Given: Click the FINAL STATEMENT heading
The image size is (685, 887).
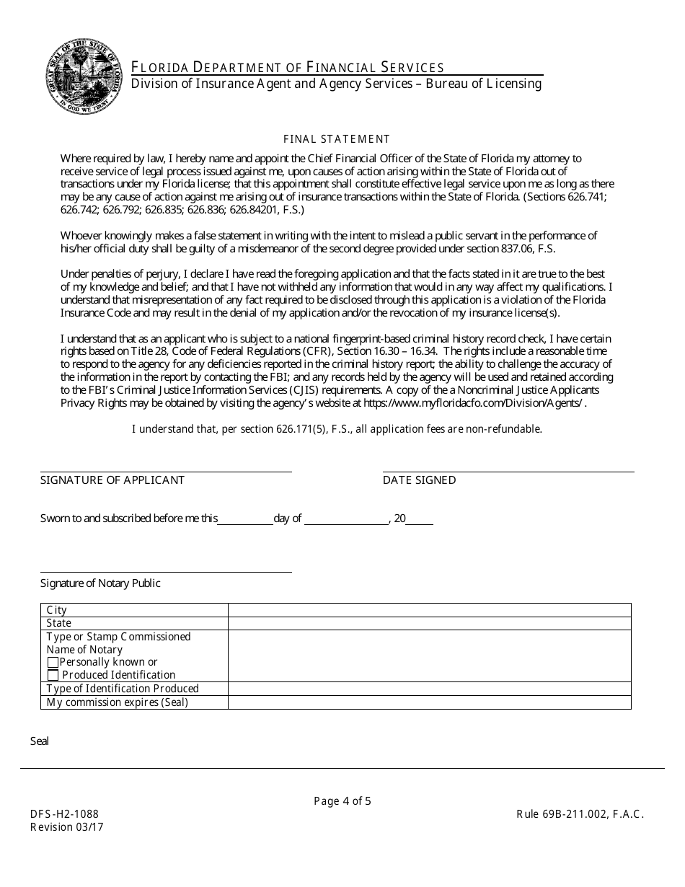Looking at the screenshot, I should [x=337, y=139].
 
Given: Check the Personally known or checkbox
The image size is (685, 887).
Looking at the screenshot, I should [x=53, y=662].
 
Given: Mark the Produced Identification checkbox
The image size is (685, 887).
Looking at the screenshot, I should [x=53, y=675].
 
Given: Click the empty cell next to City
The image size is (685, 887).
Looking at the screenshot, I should [x=429, y=610].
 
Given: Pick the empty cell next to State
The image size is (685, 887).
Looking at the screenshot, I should [x=429, y=623].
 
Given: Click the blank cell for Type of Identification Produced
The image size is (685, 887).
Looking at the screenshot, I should [x=429, y=689].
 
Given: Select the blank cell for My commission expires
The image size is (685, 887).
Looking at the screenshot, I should [x=429, y=702].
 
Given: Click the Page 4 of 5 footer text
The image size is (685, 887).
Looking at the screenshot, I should [x=342, y=800].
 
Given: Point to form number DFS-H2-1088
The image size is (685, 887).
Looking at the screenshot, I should [x=64, y=814].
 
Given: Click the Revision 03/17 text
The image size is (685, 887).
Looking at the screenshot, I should [x=66, y=827].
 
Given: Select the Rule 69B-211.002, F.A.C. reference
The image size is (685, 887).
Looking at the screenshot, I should [x=580, y=814].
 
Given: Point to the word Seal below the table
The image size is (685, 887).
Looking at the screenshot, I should [x=40, y=741].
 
